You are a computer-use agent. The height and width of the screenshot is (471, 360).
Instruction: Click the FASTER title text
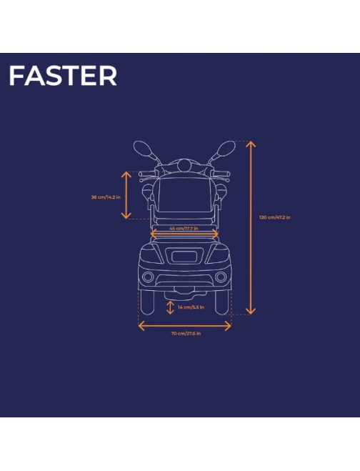pos(63,76)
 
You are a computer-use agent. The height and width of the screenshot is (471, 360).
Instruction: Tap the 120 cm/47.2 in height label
pos(275,217)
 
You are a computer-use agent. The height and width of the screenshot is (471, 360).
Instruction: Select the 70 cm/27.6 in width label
pos(186,334)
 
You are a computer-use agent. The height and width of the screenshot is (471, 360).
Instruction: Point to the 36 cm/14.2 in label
pos(106,197)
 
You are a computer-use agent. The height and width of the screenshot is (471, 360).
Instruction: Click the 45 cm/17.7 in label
pos(184,228)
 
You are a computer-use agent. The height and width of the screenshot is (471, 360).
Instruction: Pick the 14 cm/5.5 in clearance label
pos(191,307)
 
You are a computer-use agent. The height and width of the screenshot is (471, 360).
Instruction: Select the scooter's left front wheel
pos(147,302)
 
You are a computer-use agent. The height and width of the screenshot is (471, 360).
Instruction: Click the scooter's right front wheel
pos(222,302)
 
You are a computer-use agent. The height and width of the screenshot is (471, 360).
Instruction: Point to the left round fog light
pos(148,277)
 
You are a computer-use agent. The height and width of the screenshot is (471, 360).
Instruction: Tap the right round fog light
pos(221,277)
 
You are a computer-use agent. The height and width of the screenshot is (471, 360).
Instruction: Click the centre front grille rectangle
pos(184,257)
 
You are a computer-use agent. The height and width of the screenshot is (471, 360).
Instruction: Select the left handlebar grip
pos(146,174)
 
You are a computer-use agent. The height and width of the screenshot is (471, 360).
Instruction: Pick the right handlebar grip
pos(221,174)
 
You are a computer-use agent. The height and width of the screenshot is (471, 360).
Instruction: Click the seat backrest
pos(184,194)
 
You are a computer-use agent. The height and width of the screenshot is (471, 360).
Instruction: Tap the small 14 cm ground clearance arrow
pos(170,307)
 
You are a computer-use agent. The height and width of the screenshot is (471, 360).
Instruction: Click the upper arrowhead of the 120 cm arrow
pos(251,144)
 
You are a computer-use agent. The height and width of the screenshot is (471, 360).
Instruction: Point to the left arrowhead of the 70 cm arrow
pos(141,326)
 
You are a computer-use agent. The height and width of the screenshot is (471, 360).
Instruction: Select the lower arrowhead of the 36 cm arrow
pos(126,215)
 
